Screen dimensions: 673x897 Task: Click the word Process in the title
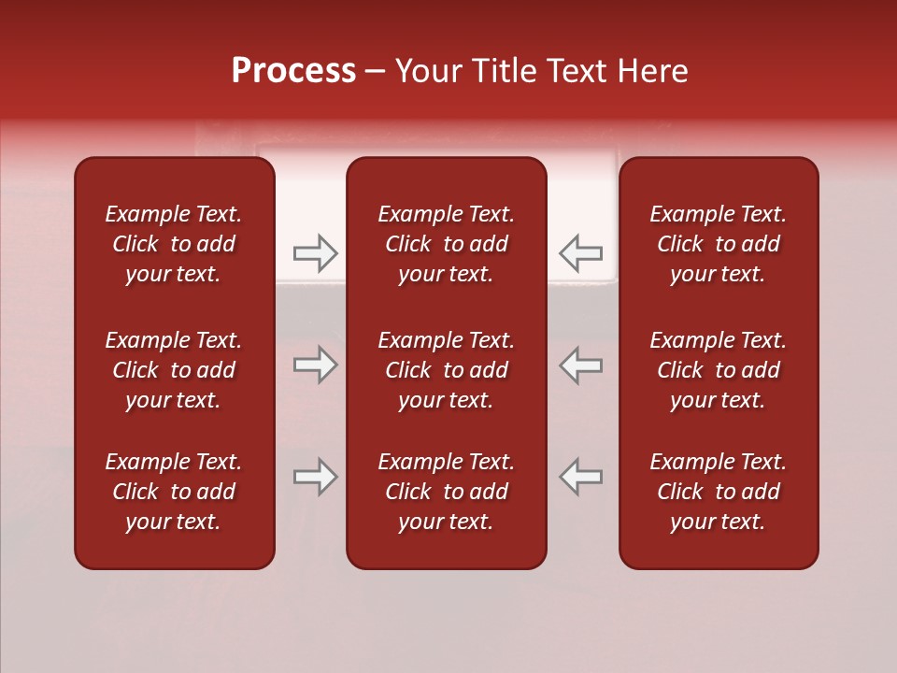(293, 71)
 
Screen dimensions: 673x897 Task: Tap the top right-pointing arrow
(315, 252)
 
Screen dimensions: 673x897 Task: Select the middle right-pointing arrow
(315, 365)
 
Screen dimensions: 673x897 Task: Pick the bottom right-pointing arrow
(315, 477)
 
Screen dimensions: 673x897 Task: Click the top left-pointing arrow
(581, 252)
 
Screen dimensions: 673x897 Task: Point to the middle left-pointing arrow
(581, 365)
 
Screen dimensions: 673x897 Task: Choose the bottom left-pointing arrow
(581, 477)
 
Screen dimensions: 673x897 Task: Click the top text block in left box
(174, 244)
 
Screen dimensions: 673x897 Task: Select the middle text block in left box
(174, 370)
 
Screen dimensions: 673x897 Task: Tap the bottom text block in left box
(174, 492)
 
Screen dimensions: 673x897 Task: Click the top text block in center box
(447, 244)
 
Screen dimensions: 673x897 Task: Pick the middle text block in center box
(447, 370)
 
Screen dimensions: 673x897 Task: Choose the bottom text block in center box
(447, 492)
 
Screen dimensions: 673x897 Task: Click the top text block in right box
(719, 244)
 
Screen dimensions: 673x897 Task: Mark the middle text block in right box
(719, 370)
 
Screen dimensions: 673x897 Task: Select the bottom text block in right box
(719, 492)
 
